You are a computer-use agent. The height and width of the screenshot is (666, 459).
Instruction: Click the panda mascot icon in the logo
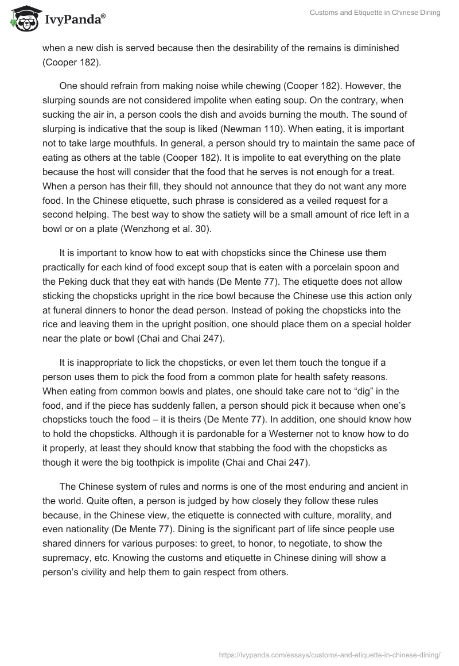23,19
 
